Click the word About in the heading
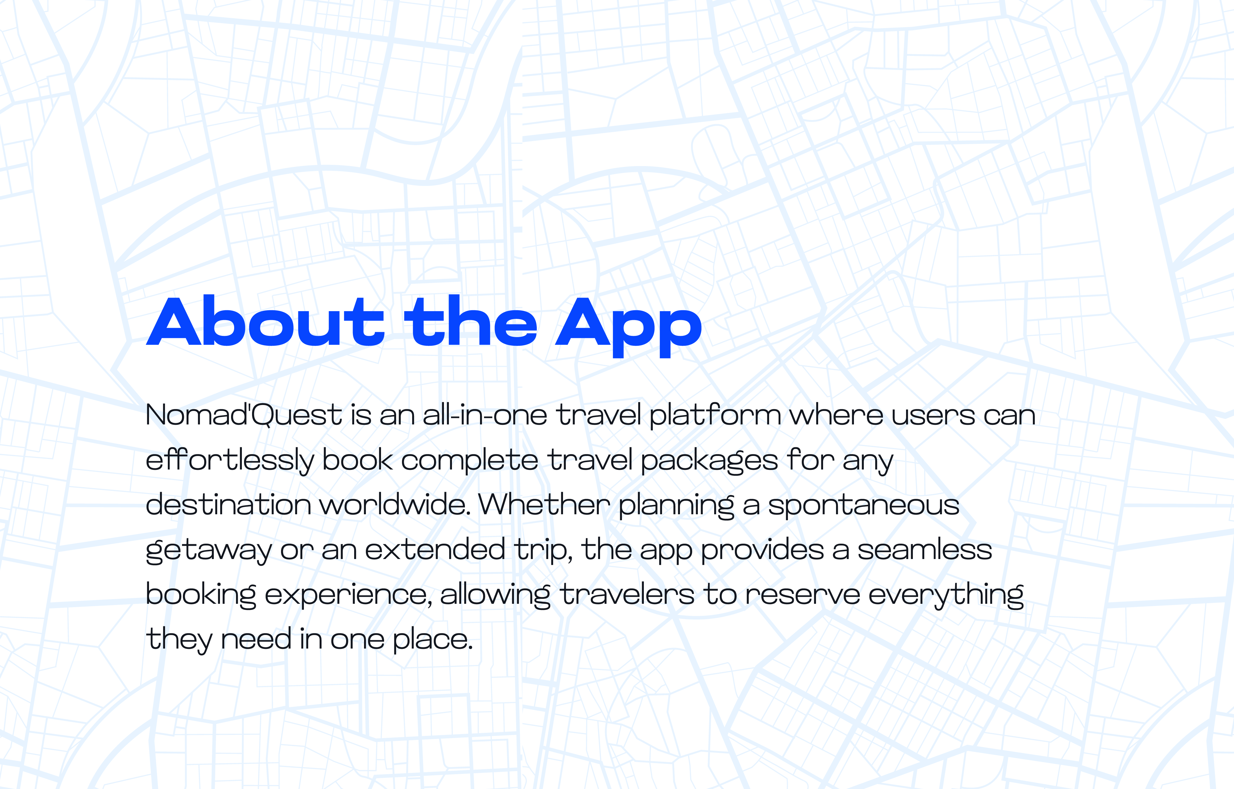[x=265, y=321]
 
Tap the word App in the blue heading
[x=628, y=327]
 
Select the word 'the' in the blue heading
[x=471, y=321]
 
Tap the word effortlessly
[x=230, y=460]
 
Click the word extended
[x=435, y=549]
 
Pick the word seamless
[x=925, y=549]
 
